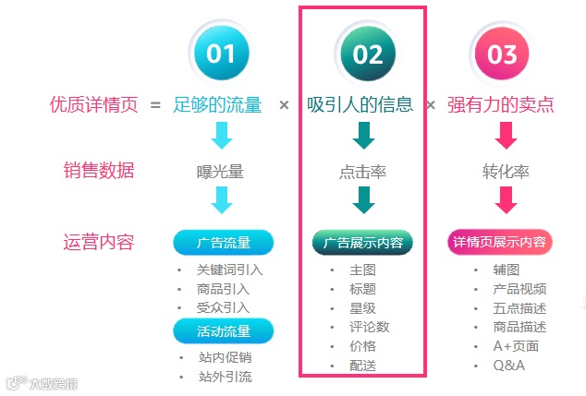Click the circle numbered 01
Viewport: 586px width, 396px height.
pyautogui.click(x=221, y=54)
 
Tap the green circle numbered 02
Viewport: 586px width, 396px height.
pyautogui.click(x=367, y=54)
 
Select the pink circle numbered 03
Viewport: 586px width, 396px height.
pyautogui.click(x=502, y=54)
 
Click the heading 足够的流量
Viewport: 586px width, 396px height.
pyautogui.click(x=217, y=104)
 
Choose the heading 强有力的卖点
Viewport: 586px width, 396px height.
pyautogui.click(x=501, y=104)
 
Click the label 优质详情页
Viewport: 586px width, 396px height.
pyautogui.click(x=93, y=104)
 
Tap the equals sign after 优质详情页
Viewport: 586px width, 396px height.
pyautogui.click(x=155, y=104)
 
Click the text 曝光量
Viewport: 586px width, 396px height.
pyautogui.click(x=221, y=172)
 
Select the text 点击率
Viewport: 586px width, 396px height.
pyautogui.click(x=363, y=172)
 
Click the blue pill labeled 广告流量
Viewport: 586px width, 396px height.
pyautogui.click(x=223, y=243)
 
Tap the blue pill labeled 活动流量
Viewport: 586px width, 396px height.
pyautogui.click(x=223, y=330)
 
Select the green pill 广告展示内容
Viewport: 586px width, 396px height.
pyautogui.click(x=362, y=243)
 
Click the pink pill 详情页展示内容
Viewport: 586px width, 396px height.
pyautogui.click(x=499, y=243)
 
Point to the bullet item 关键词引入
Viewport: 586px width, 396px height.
pyautogui.click(x=229, y=270)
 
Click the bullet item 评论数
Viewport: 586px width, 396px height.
pyautogui.click(x=370, y=327)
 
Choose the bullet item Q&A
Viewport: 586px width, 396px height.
pyautogui.click(x=509, y=366)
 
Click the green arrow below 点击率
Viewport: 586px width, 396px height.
pyautogui.click(x=363, y=200)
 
